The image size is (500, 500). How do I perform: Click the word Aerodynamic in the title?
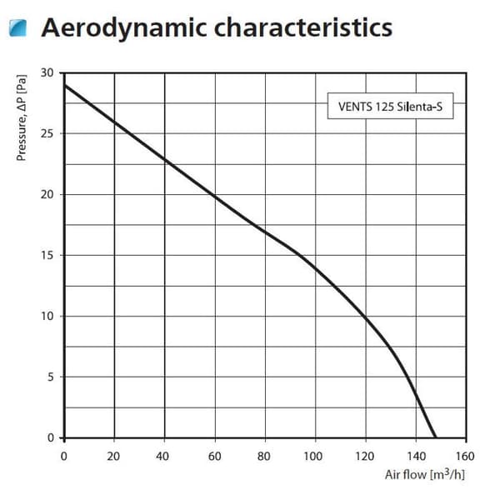pos(124,28)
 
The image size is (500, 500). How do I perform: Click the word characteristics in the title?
pos(303,27)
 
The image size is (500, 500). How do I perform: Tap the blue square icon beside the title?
pos(17,27)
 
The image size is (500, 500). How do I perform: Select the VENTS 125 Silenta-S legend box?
pos(390,106)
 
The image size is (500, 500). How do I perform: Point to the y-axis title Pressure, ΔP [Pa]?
pos(22,117)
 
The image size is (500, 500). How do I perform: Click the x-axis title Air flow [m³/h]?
pos(425,474)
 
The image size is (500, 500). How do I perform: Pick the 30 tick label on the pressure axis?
pos(47,72)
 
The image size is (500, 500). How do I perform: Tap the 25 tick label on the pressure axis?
pos(47,133)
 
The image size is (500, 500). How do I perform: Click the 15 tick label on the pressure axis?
pos(47,255)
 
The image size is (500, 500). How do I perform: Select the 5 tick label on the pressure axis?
pos(50,377)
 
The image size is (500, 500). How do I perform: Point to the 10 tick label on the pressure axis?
pos(47,316)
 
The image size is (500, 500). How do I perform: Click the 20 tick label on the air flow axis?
pos(113,457)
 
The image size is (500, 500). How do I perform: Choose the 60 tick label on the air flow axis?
pos(215,457)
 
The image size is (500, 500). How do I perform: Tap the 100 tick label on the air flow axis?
pos(312,457)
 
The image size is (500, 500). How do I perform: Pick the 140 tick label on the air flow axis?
pos(416,457)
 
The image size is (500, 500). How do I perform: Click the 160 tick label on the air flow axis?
pos(465,457)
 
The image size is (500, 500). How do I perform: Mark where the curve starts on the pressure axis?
pos(65,85)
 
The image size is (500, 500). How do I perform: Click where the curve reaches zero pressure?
pos(435,437)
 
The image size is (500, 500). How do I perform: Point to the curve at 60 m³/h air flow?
pos(215,197)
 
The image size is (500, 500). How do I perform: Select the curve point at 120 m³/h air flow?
pos(366,317)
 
